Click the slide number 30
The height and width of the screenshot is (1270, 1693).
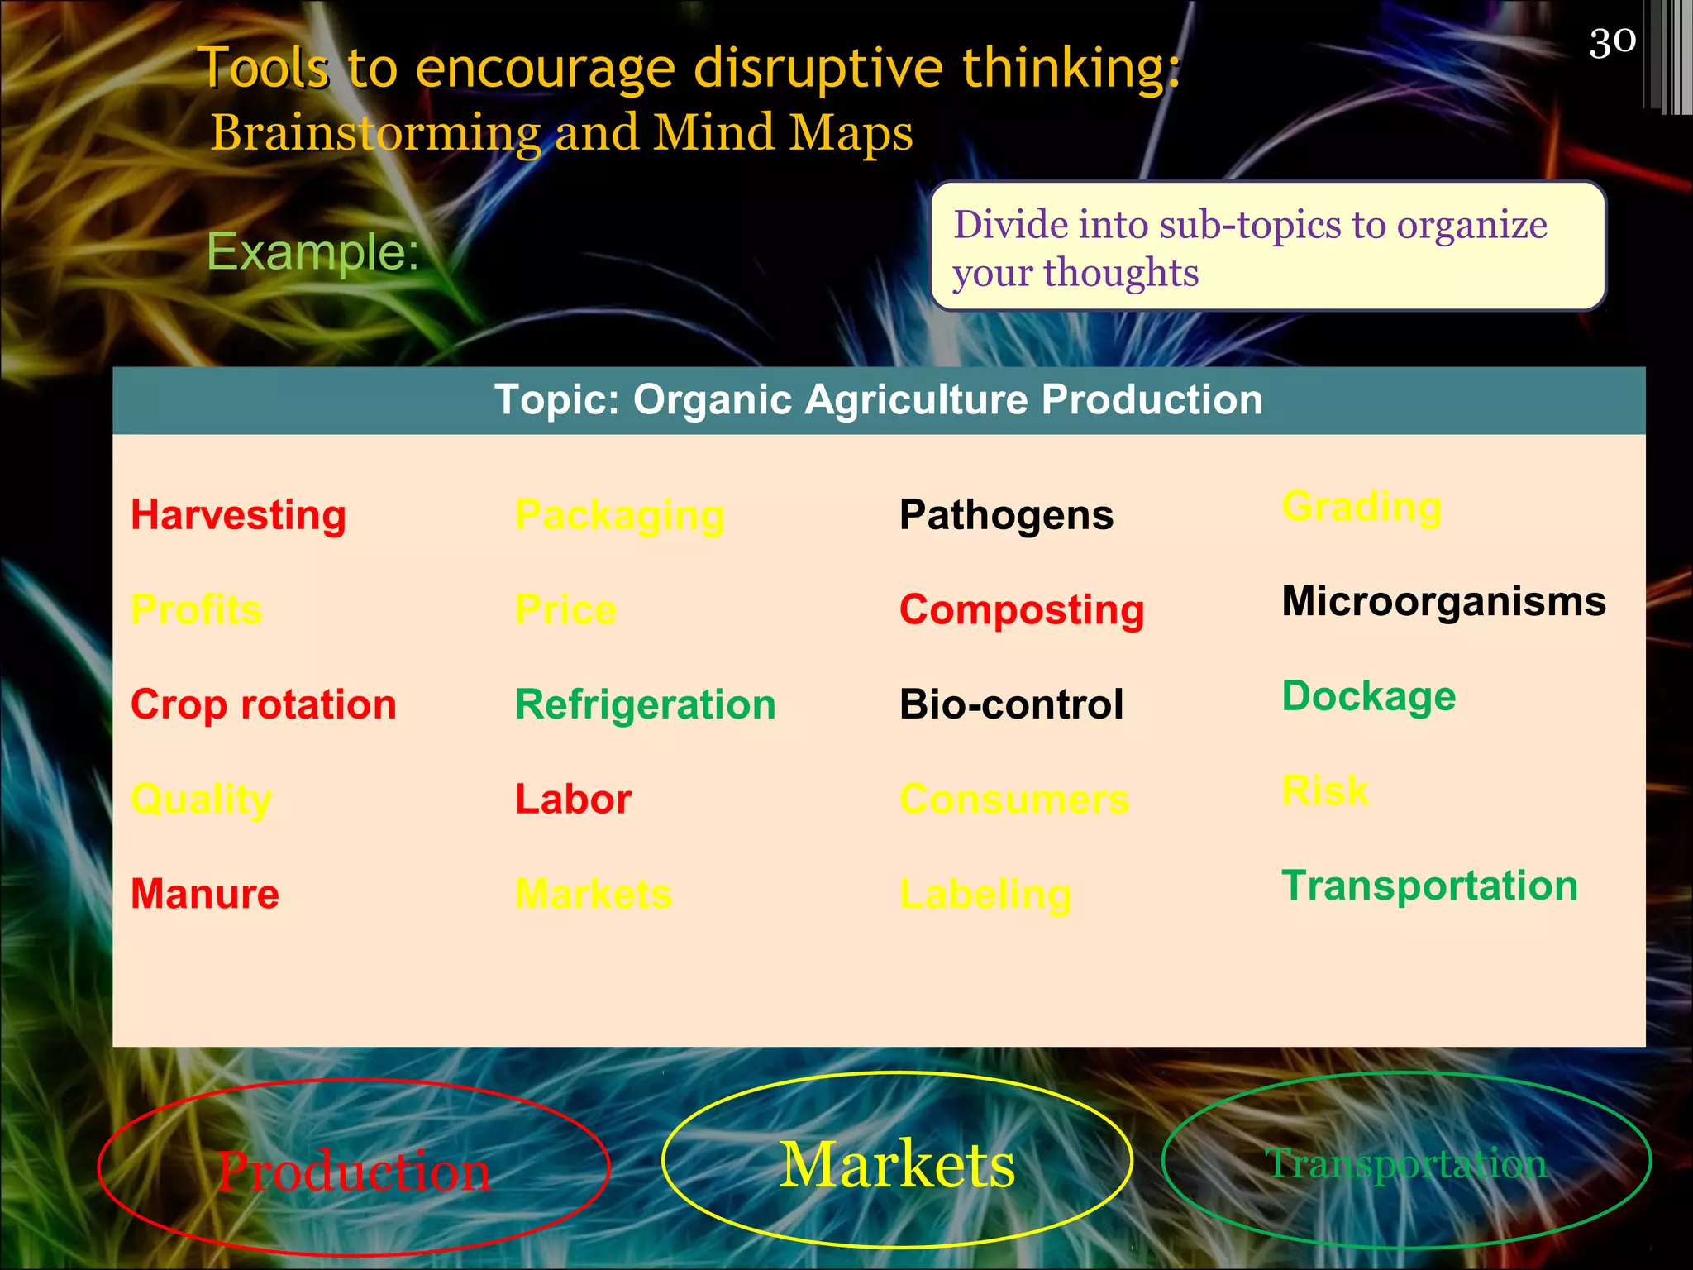coord(1612,42)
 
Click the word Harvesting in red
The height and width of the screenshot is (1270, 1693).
coord(238,515)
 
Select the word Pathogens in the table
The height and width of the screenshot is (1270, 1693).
coord(1006,515)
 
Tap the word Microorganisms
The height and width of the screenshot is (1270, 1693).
coord(1443,601)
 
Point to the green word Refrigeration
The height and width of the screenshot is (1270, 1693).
coord(645,704)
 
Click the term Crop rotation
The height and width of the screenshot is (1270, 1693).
coord(264,704)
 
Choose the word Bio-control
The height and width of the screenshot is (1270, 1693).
coord(1011,704)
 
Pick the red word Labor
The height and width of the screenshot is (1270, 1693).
coord(573,800)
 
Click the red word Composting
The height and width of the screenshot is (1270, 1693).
coord(1022,610)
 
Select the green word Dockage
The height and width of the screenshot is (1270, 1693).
coord(1368,696)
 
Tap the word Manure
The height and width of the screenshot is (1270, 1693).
coord(205,894)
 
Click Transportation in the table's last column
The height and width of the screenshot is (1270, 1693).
coord(1429,886)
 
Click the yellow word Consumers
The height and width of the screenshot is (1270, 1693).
coord(1014,800)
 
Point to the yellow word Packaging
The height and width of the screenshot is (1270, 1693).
coord(619,515)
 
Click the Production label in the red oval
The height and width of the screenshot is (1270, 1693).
coord(354,1171)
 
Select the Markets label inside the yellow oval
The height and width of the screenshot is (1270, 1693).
coord(897,1164)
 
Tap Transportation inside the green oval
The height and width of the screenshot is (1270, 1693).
coord(1405,1164)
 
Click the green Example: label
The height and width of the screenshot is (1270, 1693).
coord(312,251)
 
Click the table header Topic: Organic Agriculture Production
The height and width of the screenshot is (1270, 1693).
coord(878,400)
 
